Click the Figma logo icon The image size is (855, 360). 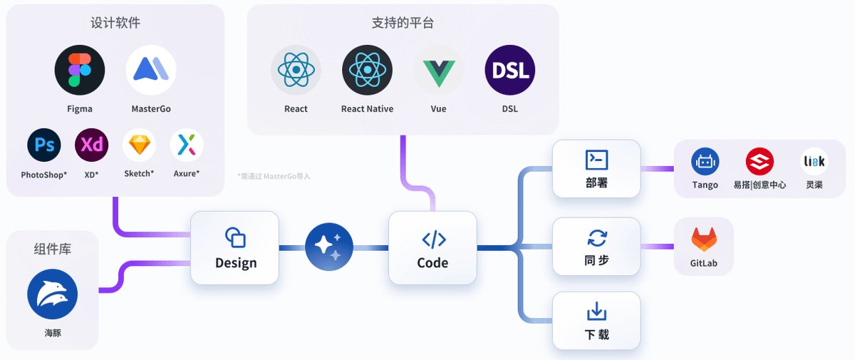(x=80, y=70)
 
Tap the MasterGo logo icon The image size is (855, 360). (x=151, y=70)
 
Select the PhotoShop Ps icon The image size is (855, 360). (x=44, y=146)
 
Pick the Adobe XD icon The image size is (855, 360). (x=91, y=146)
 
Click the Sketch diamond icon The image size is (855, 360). (x=139, y=146)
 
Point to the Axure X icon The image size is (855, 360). (x=187, y=146)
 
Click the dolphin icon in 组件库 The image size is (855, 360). (x=52, y=294)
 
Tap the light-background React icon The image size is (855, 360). (x=296, y=70)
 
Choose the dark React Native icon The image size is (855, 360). (x=367, y=70)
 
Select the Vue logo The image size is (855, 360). (x=438, y=70)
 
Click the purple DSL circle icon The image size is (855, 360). (x=509, y=70)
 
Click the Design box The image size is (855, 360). (x=234, y=247)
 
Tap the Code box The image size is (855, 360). (x=432, y=247)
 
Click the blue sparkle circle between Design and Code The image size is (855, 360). (x=329, y=247)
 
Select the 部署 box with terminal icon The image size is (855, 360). (x=596, y=169)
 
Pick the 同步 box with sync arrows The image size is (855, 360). (x=596, y=247)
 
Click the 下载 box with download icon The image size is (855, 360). (x=596, y=320)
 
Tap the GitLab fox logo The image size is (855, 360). (x=704, y=240)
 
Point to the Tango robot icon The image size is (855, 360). (x=705, y=162)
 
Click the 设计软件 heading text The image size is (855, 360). (x=115, y=23)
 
